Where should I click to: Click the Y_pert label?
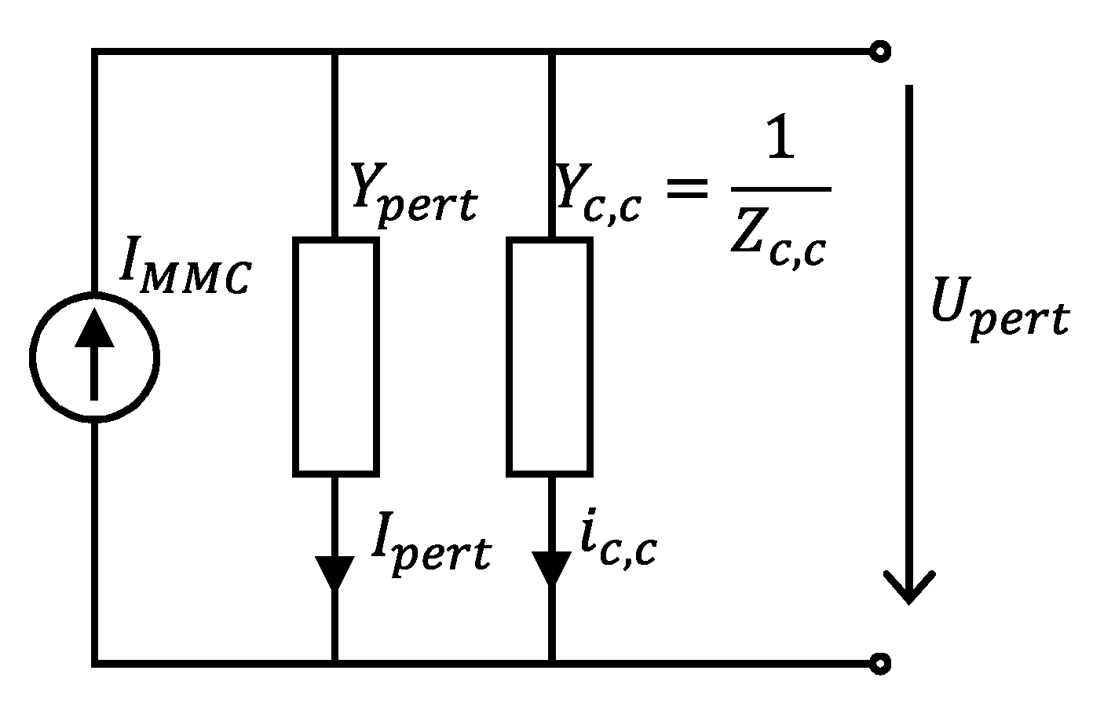pyautogui.click(x=412, y=193)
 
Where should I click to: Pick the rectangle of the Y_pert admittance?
pyautogui.click(x=336, y=357)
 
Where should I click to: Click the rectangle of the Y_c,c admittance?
pyautogui.click(x=550, y=357)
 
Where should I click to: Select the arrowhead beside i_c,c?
pyautogui.click(x=551, y=569)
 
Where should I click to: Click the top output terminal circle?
pyautogui.click(x=881, y=52)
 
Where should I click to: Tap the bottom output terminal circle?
pyautogui.click(x=881, y=664)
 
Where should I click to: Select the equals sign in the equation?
pyautogui.click(x=686, y=189)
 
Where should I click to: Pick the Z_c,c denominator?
pyautogui.click(x=777, y=240)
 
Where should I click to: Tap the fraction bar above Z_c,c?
pyautogui.click(x=780, y=189)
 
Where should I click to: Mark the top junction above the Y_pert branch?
pyautogui.click(x=335, y=52)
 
